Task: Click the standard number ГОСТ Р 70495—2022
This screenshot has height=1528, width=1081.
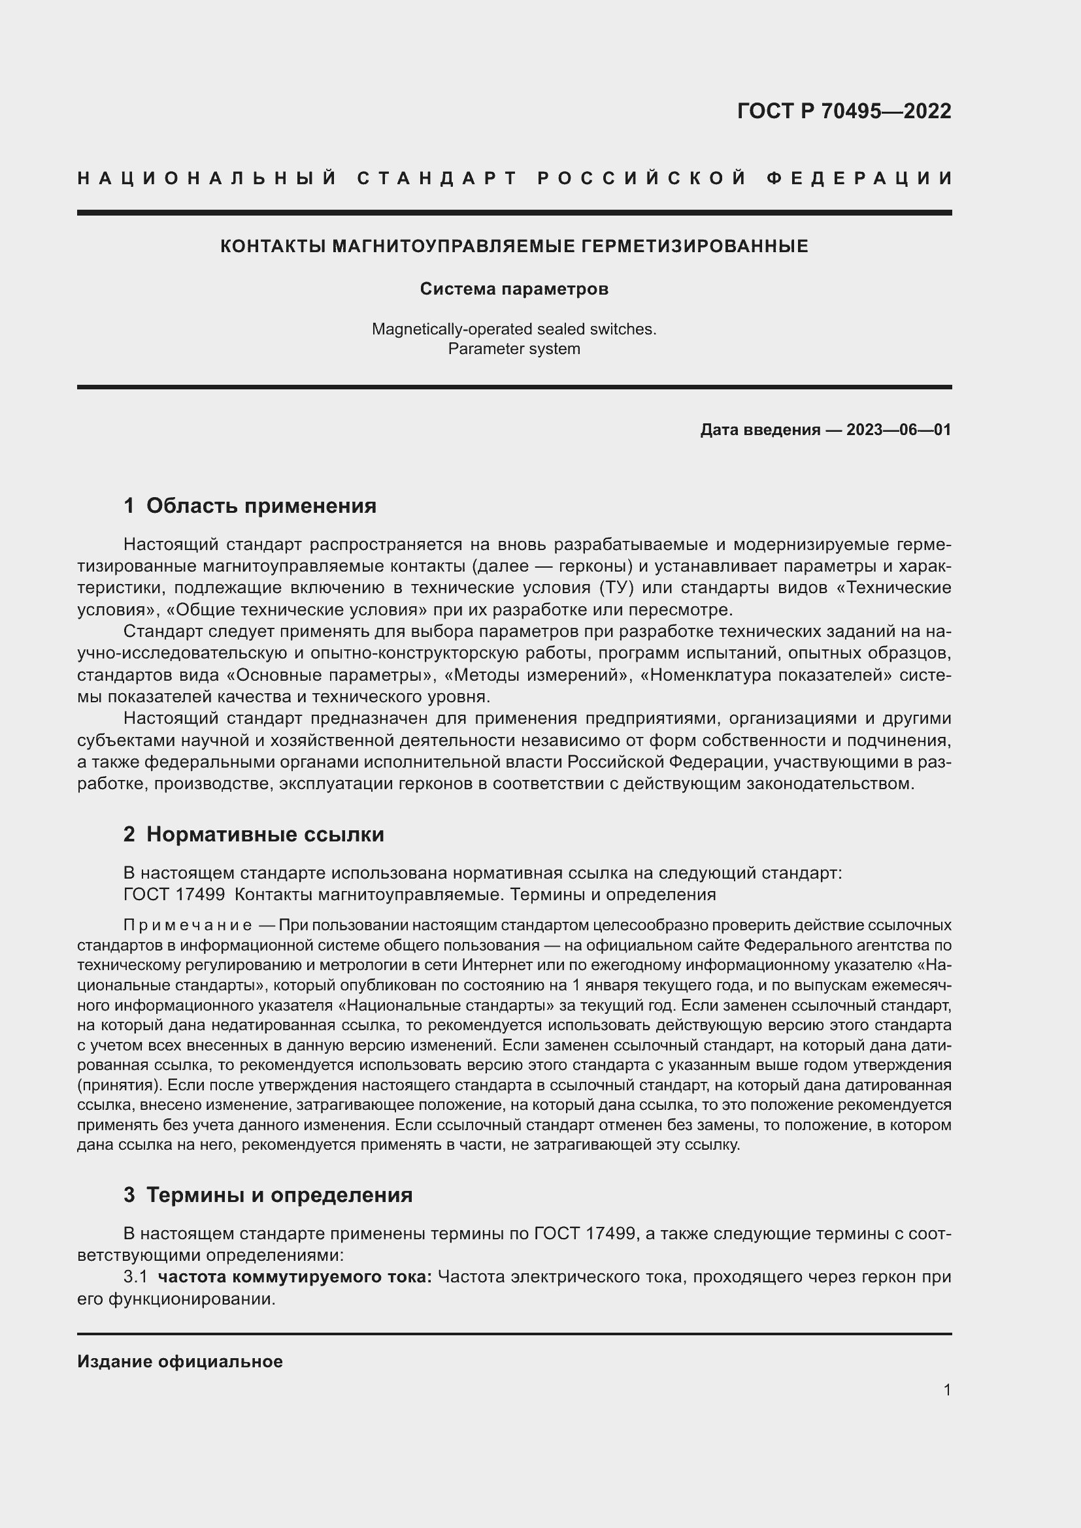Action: coord(843,110)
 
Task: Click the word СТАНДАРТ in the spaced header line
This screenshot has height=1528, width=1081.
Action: coord(437,178)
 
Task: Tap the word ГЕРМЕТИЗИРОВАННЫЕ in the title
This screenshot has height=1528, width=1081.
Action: coord(694,246)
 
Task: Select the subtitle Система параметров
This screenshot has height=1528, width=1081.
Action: coord(514,289)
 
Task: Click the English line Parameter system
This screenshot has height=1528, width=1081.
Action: coord(514,349)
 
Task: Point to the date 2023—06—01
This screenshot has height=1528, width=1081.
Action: coord(899,430)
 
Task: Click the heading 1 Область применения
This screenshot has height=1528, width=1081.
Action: coord(250,506)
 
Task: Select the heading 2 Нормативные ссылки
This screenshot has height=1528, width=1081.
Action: coord(254,834)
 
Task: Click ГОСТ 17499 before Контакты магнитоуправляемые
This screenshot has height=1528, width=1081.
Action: coord(174,894)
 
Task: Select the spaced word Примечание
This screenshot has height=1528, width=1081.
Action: coord(188,926)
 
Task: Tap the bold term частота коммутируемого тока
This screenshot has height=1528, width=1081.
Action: coord(295,1277)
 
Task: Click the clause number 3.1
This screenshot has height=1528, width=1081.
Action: coord(135,1277)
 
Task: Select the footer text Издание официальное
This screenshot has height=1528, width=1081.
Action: coord(180,1361)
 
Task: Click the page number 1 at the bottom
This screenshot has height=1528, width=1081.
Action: coord(946,1390)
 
